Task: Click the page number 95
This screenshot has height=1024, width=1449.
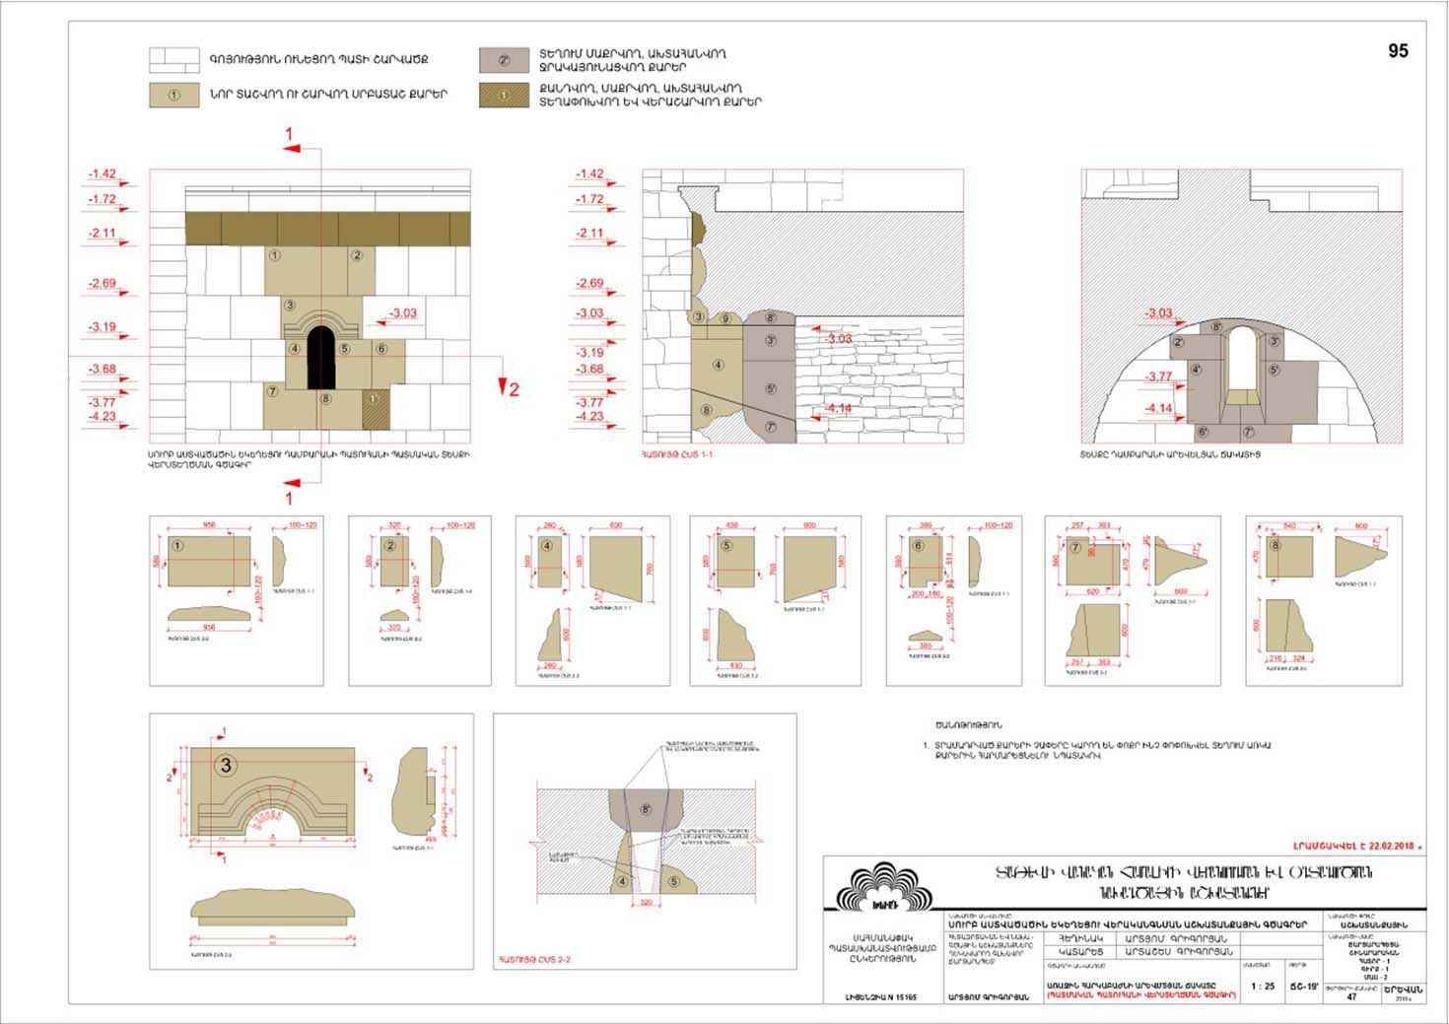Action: [1398, 51]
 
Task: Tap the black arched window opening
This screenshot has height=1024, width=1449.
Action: [321, 357]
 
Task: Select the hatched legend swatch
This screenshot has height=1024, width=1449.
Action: [504, 96]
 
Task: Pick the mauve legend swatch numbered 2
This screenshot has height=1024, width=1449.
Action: [504, 59]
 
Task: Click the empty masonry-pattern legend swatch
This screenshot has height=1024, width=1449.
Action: [173, 60]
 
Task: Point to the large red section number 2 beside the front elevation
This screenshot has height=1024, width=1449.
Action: [513, 389]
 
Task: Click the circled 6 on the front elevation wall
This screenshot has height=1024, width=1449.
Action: [380, 349]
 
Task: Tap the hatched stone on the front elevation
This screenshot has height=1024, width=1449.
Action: [375, 407]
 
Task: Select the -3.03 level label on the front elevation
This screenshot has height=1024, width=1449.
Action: [402, 313]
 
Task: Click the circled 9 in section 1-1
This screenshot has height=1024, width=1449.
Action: [725, 318]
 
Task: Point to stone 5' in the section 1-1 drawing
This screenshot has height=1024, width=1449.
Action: [770, 388]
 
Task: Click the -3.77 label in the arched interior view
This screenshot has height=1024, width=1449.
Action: [1158, 376]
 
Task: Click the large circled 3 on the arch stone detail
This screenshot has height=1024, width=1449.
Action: [226, 765]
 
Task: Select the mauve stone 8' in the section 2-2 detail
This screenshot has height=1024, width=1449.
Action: [646, 809]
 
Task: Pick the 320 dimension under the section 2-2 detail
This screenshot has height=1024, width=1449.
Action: [647, 902]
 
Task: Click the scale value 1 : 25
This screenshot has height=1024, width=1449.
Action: [1262, 986]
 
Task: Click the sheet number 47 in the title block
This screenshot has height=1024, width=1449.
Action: [1351, 996]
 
